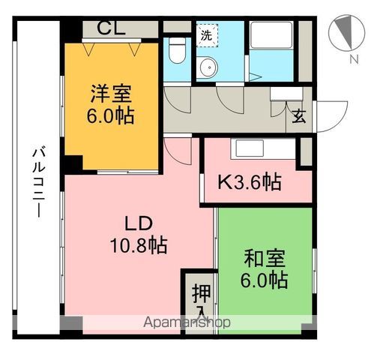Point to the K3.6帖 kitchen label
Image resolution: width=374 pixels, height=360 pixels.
click(x=250, y=181)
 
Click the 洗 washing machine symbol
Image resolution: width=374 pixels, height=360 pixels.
click(x=205, y=34)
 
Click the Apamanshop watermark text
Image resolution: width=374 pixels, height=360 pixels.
click(x=187, y=322)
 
